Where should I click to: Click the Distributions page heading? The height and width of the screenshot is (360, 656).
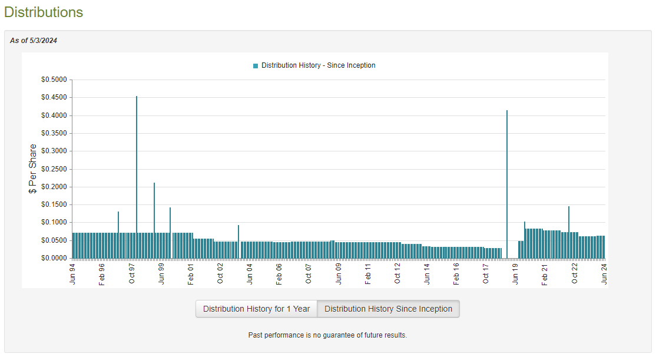point(44,12)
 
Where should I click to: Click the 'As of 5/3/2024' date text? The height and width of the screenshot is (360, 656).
point(34,41)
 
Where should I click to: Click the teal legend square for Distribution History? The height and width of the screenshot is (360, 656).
point(256,66)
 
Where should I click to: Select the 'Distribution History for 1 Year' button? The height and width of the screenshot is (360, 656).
point(256,309)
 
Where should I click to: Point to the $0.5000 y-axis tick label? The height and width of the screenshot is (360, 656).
point(54,80)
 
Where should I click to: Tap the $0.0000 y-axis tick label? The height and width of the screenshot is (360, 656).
point(54,258)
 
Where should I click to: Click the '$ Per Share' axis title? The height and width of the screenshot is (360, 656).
point(33,169)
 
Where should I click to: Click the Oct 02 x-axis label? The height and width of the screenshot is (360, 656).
point(220,273)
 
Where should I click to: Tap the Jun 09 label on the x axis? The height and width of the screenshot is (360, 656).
point(339,273)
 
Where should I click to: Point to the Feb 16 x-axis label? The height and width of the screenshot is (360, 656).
point(456,273)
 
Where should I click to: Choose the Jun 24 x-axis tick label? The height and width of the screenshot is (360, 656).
point(604,273)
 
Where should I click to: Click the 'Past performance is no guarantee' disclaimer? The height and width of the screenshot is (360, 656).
point(327,335)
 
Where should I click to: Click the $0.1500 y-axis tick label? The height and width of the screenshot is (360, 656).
point(54,204)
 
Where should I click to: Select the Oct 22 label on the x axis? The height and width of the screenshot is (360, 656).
point(575,273)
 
